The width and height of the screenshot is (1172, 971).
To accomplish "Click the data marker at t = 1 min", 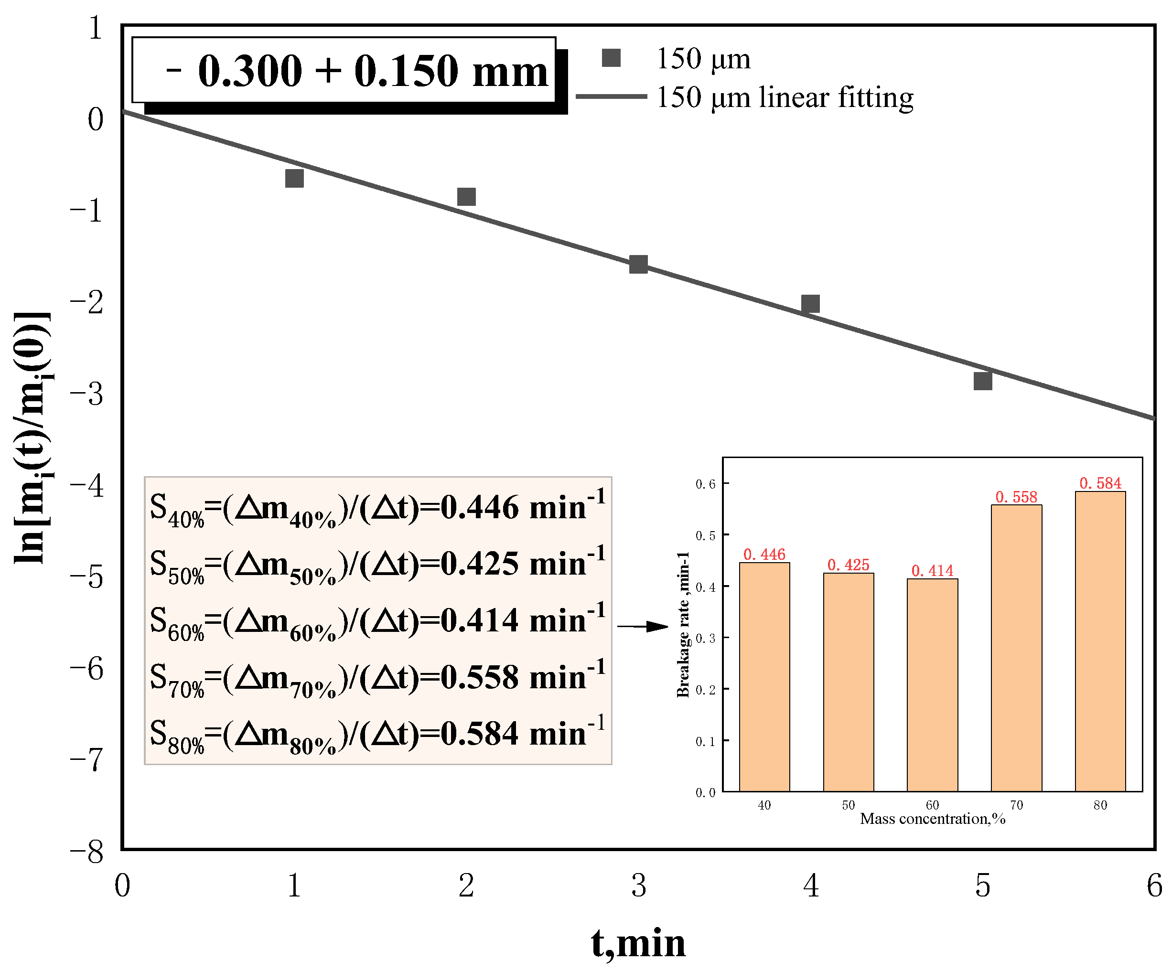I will pyautogui.click(x=294, y=179).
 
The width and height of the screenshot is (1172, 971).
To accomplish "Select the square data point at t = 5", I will pyautogui.click(x=983, y=381).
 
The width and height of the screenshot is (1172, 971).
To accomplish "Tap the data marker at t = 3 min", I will pyautogui.click(x=638, y=264).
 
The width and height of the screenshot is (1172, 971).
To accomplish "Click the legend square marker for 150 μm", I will pyautogui.click(x=611, y=58).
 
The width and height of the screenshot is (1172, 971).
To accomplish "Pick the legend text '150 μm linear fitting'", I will pyautogui.click(x=785, y=97).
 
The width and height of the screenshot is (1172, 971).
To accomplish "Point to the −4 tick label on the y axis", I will pyautogui.click(x=87, y=485).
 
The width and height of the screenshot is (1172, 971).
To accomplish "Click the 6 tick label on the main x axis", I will pyautogui.click(x=1153, y=886).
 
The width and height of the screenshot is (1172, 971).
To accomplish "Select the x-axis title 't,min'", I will pyautogui.click(x=638, y=943).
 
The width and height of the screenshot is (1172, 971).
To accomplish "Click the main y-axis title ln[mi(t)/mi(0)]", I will pyautogui.click(x=32, y=438).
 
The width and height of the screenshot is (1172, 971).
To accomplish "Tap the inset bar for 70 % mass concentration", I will pyautogui.click(x=1016, y=647).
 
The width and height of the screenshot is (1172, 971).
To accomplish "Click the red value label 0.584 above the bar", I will pyautogui.click(x=1100, y=483).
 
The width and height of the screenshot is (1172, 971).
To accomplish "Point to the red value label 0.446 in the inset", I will pyautogui.click(x=764, y=554).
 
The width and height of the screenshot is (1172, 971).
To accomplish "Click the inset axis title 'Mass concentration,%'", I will pyautogui.click(x=933, y=819).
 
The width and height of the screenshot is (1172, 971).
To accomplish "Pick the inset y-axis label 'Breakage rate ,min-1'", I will pyautogui.click(x=683, y=625).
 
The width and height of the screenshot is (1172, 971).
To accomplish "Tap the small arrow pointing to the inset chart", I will pyautogui.click(x=643, y=626).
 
